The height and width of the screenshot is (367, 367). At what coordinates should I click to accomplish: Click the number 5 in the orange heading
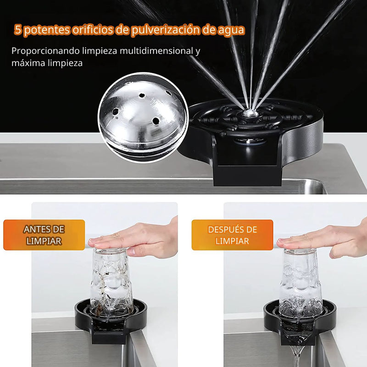point(18,30)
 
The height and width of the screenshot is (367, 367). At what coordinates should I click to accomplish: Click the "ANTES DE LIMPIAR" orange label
point(44,235)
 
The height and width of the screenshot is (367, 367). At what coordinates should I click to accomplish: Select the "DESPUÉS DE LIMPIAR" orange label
point(232,235)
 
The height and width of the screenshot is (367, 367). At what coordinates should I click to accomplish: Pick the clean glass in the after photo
point(300,280)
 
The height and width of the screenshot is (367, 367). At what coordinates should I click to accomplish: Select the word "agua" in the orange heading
point(231,30)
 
